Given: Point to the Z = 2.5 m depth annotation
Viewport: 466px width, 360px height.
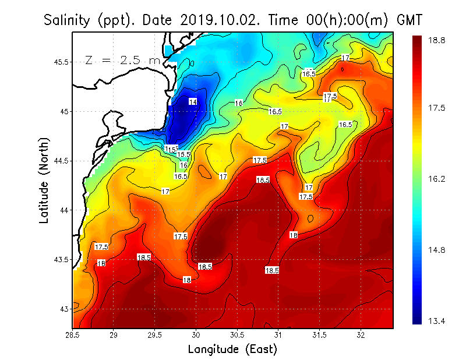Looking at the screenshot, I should [122, 60].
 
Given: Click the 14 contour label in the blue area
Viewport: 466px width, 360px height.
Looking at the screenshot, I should [193, 101].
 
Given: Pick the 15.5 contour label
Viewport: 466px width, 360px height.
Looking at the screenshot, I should [184, 154].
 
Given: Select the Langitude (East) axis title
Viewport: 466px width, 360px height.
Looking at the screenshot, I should [232, 350].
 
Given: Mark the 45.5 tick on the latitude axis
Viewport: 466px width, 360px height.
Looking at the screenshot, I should [60, 62].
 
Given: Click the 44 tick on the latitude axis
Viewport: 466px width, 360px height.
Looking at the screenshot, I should [64, 210].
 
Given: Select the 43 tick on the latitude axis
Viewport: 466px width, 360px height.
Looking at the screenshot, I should [64, 309].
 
